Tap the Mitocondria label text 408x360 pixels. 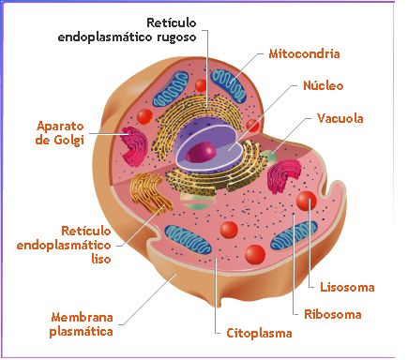[304, 53]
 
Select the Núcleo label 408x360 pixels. [324, 85]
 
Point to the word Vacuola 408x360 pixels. [340, 118]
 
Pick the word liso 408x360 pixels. [101, 259]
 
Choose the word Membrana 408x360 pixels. [82, 317]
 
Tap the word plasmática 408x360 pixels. [81, 332]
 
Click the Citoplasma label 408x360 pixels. [259, 333]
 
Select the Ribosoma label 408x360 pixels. [333, 314]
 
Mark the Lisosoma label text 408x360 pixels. [347, 287]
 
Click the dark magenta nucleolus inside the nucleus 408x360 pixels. [201, 153]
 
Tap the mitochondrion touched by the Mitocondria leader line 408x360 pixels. [229, 85]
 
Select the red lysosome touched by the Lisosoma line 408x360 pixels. [307, 201]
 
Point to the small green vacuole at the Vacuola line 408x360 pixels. [268, 156]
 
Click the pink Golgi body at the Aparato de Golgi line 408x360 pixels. [134, 145]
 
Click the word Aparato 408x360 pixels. [60, 126]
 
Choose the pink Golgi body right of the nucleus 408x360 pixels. [283, 176]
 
